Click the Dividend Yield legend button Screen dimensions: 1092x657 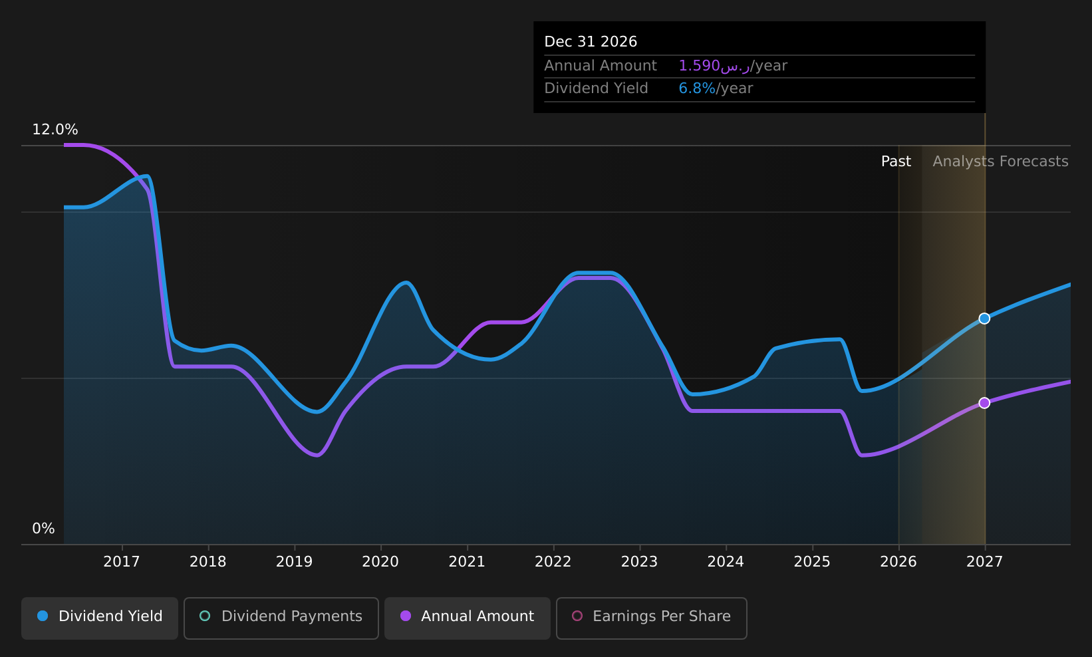click(100, 618)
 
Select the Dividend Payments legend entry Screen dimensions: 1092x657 click(281, 618)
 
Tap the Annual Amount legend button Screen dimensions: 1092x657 click(467, 618)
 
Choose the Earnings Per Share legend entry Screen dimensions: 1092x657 click(651, 618)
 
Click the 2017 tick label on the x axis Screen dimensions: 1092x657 click(122, 562)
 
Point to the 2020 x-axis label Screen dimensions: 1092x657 click(381, 562)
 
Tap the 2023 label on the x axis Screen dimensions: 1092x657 click(640, 562)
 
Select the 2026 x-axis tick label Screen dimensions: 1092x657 click(898, 562)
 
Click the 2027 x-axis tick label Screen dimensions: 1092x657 click(985, 562)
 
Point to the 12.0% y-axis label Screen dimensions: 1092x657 click(55, 130)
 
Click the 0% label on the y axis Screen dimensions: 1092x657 click(43, 529)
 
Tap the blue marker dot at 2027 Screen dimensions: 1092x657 click(984, 319)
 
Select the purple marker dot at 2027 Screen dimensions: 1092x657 click(984, 403)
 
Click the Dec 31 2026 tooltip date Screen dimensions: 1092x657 click(591, 42)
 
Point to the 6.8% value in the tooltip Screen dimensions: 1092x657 click(697, 88)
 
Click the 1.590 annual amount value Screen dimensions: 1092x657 click(699, 66)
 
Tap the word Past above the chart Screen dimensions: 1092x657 click(896, 162)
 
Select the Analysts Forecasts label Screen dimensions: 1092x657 click(1000, 162)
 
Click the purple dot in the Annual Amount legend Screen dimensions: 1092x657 click(406, 616)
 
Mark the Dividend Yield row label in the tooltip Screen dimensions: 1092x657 click(597, 88)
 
